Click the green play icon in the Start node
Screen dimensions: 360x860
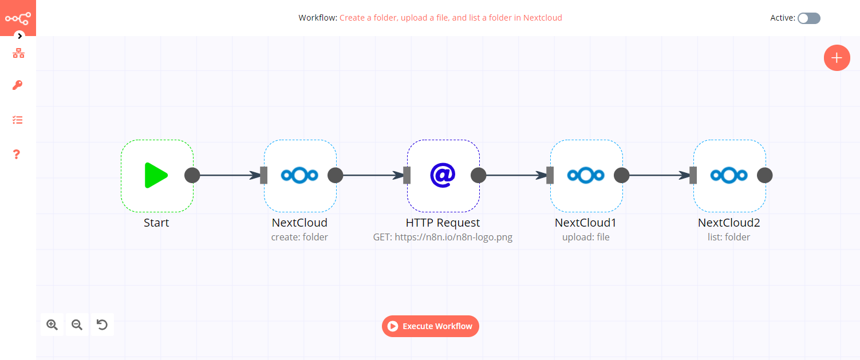tap(156, 175)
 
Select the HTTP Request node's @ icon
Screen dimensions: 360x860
tap(443, 175)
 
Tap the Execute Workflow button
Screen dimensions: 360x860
tap(431, 326)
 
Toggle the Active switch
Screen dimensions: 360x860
tap(809, 18)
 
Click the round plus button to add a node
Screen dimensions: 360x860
tap(837, 58)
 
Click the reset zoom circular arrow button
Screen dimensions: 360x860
tap(102, 325)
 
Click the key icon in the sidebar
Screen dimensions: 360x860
tap(18, 85)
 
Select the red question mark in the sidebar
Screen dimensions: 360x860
tap(17, 155)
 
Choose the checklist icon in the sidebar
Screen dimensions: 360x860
tap(18, 120)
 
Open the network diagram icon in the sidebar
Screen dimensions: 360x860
tap(18, 54)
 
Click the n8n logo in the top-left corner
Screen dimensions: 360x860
tap(18, 18)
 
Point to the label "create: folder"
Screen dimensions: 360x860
tap(299, 237)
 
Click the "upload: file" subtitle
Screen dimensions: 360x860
tap(586, 237)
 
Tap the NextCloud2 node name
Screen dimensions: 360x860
tap(729, 223)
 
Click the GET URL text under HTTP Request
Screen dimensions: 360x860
tap(443, 237)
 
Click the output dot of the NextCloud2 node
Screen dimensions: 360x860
tap(764, 175)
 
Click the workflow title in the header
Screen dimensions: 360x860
tap(451, 18)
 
